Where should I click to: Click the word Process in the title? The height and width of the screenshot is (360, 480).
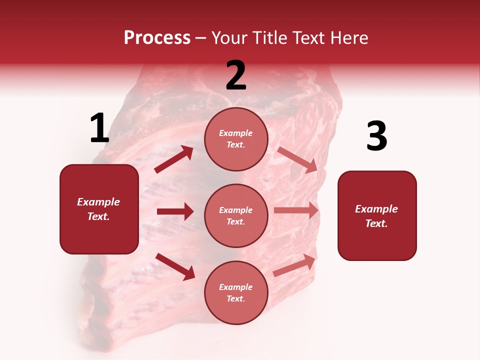(157, 38)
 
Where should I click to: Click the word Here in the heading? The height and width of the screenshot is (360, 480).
(348, 38)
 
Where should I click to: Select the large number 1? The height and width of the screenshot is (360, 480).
(99, 128)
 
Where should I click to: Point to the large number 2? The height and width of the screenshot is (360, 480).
(236, 75)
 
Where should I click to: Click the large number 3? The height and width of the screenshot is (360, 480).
(376, 136)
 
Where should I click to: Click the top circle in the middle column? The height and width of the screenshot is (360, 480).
(236, 139)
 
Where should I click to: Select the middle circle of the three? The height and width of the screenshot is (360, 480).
(236, 215)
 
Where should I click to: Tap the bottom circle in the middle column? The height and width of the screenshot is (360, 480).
(236, 292)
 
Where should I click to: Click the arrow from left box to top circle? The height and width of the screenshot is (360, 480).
(174, 159)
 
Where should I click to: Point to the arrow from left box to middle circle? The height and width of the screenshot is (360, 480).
(175, 211)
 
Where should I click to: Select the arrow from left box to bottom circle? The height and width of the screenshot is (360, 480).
(175, 266)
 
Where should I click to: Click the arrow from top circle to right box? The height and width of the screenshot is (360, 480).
(297, 159)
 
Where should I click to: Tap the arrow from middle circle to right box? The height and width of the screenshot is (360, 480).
(296, 210)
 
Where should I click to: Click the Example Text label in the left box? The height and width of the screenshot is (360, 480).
(99, 209)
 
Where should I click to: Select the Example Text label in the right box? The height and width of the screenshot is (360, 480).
(376, 216)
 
